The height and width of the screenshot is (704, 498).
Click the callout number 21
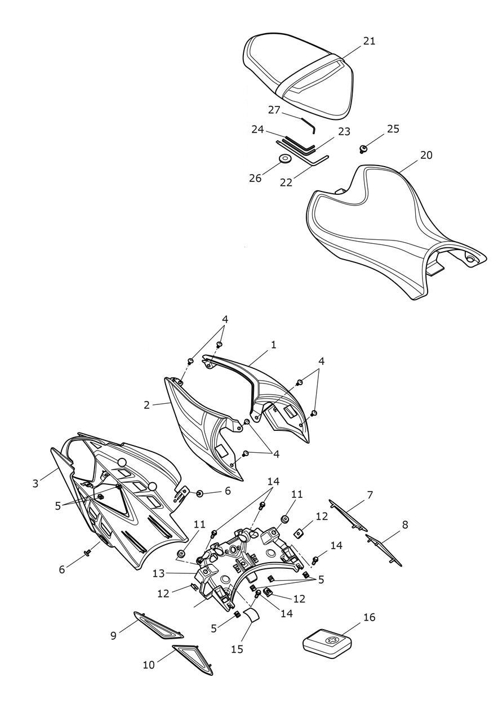pos(370,41)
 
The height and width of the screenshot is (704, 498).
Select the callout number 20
pos(426,155)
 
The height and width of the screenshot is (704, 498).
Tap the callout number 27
pos(274,110)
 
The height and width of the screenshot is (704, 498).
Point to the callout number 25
pos(393,129)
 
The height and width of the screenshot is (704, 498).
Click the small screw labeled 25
pos(363,149)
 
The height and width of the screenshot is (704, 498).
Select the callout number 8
pos(405,524)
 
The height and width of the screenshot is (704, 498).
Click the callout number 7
pos(370,495)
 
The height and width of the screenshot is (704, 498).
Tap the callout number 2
pos(147,405)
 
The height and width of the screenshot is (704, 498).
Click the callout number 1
pos(274,345)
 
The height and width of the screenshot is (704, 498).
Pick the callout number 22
pos(286,182)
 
